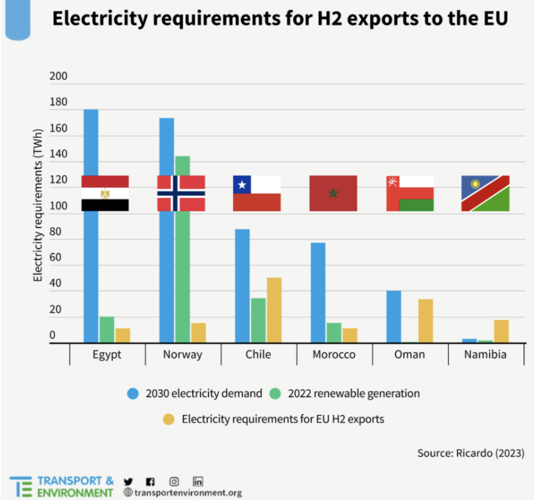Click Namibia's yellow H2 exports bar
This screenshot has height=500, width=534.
tap(501, 331)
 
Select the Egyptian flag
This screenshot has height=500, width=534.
tap(105, 193)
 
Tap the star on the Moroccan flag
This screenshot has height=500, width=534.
tap(333, 193)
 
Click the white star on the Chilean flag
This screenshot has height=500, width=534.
tap(242, 185)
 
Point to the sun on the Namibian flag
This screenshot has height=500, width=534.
tap(475, 184)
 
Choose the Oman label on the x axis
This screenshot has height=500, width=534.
tap(409, 355)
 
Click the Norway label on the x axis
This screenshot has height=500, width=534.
tap(183, 355)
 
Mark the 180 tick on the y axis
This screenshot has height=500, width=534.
tap(58, 102)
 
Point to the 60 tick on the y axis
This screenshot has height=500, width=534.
tap(58, 257)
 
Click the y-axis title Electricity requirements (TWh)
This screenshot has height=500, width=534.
tap(38, 205)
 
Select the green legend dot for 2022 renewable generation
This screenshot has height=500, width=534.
tap(275, 394)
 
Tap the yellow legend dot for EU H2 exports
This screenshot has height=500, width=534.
tap(169, 419)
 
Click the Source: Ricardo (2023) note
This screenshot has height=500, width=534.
tap(470, 453)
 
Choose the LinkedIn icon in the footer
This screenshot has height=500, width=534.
tap(198, 482)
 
